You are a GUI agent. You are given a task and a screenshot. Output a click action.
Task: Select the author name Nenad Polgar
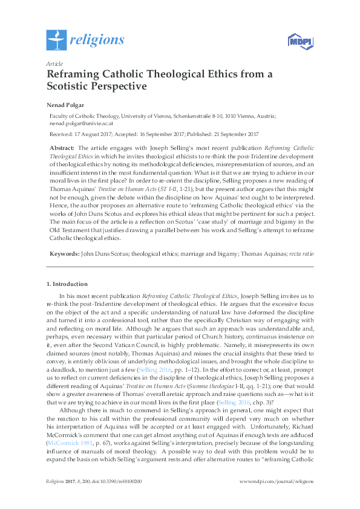tap(67, 105)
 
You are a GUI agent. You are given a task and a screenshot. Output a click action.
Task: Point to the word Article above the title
tap(54, 63)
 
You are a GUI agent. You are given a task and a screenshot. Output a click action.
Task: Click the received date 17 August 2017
tap(95, 134)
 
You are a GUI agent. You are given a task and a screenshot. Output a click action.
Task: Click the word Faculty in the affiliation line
tap(60, 115)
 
